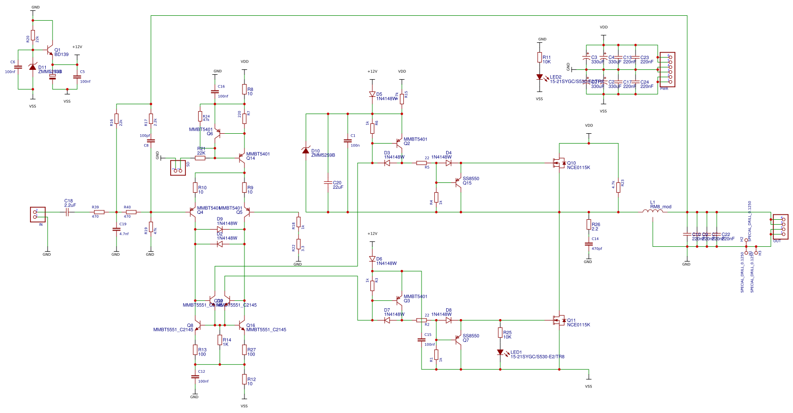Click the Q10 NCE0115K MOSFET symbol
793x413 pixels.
pyautogui.click(x=559, y=163)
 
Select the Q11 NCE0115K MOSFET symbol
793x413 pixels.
pyautogui.click(x=559, y=320)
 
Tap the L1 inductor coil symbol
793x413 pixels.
pyautogui.click(x=653, y=211)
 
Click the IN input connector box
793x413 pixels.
pyautogui.click(x=38, y=214)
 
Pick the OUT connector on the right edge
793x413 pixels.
pyautogui.click(x=780, y=227)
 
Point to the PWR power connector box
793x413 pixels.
pyautogui.click(x=668, y=69)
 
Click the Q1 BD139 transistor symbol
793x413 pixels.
pyautogui.click(x=49, y=50)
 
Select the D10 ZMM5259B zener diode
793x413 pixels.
pyautogui.click(x=306, y=150)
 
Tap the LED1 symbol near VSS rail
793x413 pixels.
pyautogui.click(x=500, y=352)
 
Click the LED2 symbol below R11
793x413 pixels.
pyautogui.click(x=540, y=77)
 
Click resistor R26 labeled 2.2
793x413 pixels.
pyautogui.click(x=589, y=225)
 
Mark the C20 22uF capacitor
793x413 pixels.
pyautogui.click(x=328, y=182)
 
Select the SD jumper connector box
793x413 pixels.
pyautogui.click(x=178, y=168)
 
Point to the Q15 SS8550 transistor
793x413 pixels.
pyautogui.click(x=458, y=182)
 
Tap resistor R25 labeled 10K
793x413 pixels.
pyautogui.click(x=500, y=333)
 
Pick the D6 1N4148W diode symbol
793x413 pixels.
pyautogui.click(x=372, y=259)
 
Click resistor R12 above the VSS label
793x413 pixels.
pyautogui.click(x=244, y=379)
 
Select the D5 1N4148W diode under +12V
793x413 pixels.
pyautogui.click(x=372, y=94)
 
